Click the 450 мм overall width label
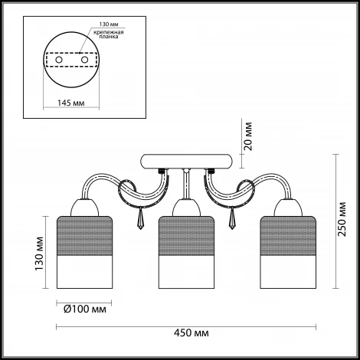[x=191, y=333]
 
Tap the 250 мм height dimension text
[x=342, y=219]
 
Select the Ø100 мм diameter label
[x=84, y=309]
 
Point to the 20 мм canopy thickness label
[x=247, y=136]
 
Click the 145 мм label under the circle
[x=71, y=103]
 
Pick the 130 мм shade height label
[x=39, y=254]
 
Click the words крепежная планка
[x=109, y=34]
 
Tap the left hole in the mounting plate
[x=59, y=60]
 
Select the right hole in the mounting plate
[x=84, y=60]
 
